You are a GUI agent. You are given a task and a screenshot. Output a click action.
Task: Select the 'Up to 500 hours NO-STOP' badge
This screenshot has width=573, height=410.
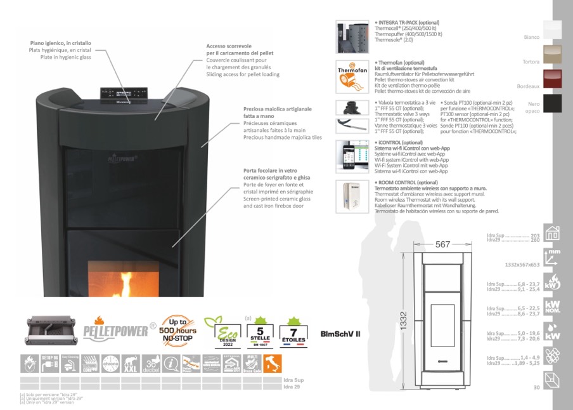coord(179,330)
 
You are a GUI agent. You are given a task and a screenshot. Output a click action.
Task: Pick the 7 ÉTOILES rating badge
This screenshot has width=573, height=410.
coord(293,332)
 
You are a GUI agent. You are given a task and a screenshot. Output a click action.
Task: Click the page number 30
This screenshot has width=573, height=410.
coord(536,387)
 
